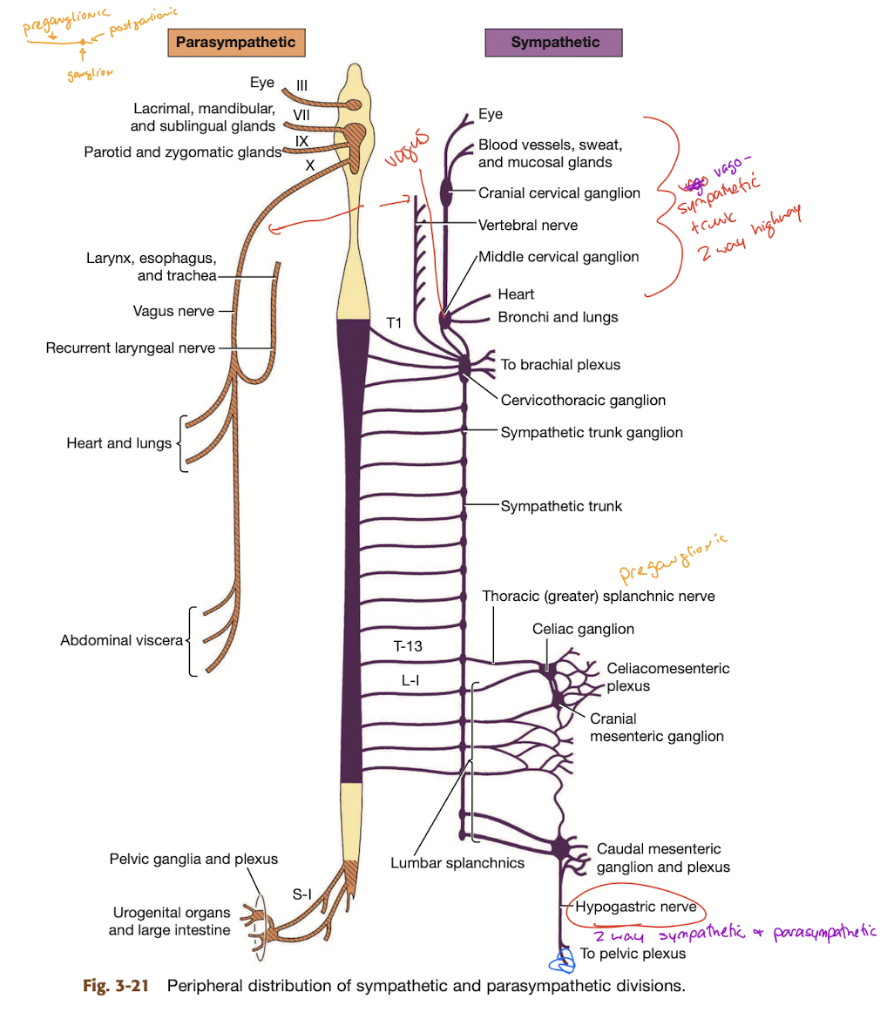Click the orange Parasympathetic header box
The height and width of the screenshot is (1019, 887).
point(235,42)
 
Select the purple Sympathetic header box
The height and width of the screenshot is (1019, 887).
point(555,42)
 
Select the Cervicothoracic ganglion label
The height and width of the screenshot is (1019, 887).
point(583,401)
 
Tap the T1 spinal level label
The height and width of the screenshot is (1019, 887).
point(394,323)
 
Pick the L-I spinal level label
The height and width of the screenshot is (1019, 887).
point(412,680)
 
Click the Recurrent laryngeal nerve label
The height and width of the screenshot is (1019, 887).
point(130,348)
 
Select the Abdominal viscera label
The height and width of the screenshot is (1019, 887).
point(120,640)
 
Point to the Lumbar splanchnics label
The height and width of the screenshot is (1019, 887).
point(457,863)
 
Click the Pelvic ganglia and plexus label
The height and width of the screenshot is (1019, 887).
point(193,859)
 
